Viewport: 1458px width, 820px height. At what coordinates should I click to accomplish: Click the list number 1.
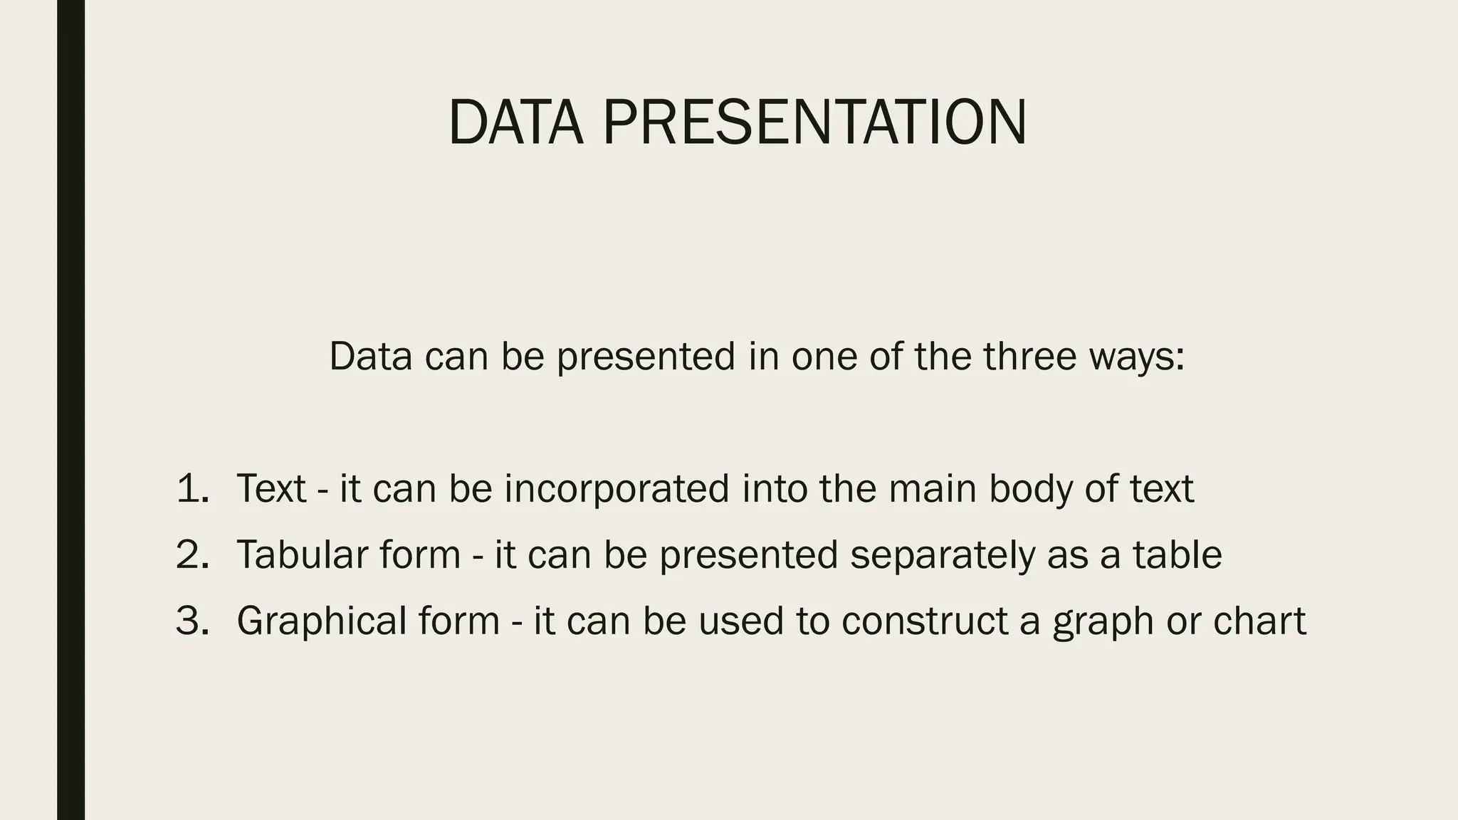click(x=192, y=489)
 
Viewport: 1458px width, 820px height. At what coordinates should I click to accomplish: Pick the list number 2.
click(x=192, y=554)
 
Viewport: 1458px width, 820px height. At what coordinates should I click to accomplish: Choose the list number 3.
click(x=192, y=621)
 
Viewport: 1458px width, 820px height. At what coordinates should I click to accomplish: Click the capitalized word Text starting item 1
click(x=271, y=489)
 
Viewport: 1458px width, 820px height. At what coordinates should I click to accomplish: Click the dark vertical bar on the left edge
click(x=70, y=410)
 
